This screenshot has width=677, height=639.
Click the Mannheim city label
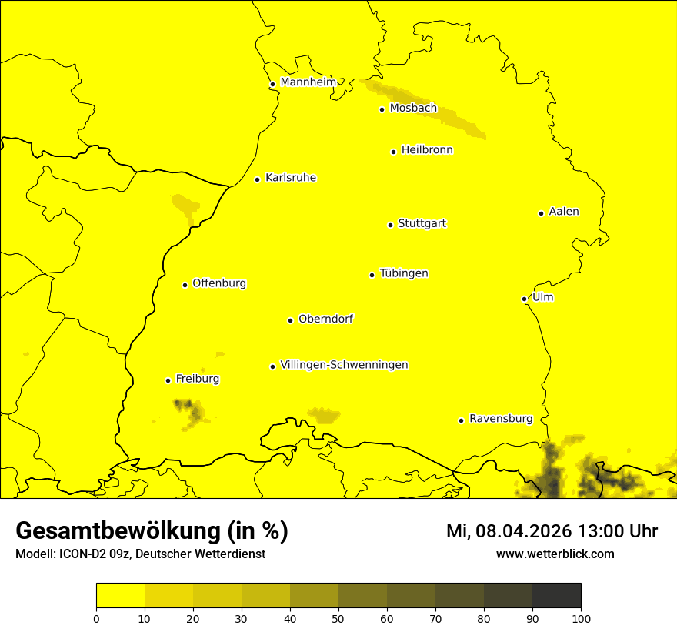pyautogui.click(x=308, y=82)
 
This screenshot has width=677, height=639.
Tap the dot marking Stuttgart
pyautogui.click(x=390, y=225)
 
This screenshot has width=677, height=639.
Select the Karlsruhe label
pyautogui.click(x=290, y=178)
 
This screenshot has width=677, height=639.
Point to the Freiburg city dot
pyautogui.click(x=168, y=380)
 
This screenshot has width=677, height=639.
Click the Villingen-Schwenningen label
pyautogui.click(x=344, y=365)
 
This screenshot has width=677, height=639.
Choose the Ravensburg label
pyautogui.click(x=500, y=419)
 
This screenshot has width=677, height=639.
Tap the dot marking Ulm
pyautogui.click(x=524, y=299)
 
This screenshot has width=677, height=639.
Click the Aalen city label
pyautogui.click(x=563, y=212)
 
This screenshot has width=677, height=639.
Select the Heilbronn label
pyautogui.click(x=426, y=150)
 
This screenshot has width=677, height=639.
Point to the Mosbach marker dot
pyautogui.click(x=382, y=109)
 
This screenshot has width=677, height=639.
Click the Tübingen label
pyautogui.click(x=403, y=273)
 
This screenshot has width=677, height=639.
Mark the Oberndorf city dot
pyautogui.click(x=290, y=320)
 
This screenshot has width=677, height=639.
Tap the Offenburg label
pyautogui.click(x=218, y=283)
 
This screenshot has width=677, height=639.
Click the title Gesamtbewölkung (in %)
pyautogui.click(x=152, y=531)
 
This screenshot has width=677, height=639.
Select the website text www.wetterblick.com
pyautogui.click(x=555, y=554)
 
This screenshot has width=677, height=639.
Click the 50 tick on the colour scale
pyautogui.click(x=338, y=617)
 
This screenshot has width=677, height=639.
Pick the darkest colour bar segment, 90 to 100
pyautogui.click(x=556, y=595)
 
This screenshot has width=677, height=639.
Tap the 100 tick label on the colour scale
pyautogui.click(x=581, y=617)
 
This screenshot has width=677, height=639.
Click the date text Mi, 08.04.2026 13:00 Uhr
pyautogui.click(x=552, y=531)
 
